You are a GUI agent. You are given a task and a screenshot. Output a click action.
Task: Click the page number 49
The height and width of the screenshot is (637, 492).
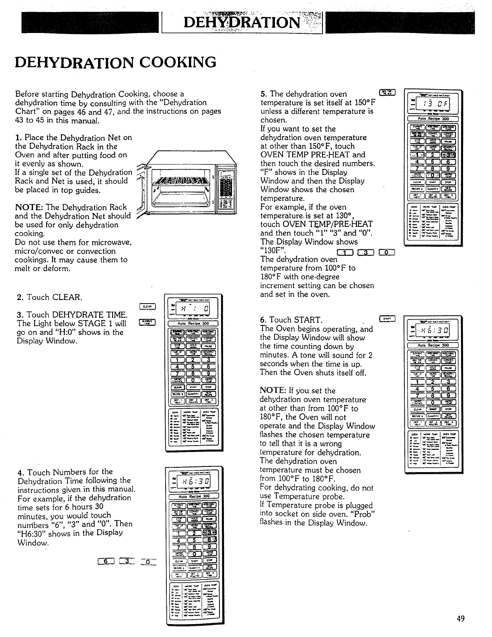coord(461,619)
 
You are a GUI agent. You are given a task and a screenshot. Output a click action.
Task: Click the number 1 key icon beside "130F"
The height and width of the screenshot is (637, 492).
coord(345,253)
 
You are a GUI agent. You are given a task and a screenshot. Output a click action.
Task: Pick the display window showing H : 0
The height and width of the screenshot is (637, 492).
coord(195,309)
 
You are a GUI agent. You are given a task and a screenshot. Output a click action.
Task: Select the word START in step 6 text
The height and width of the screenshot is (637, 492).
coord(307,320)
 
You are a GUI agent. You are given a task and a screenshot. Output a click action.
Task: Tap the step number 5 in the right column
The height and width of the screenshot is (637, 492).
coord(262,94)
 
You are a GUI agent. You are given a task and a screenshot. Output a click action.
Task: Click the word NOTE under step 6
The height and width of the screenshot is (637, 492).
coord(272,391)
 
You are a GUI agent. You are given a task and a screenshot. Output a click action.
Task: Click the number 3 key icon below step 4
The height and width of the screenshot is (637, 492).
coord(126,561)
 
